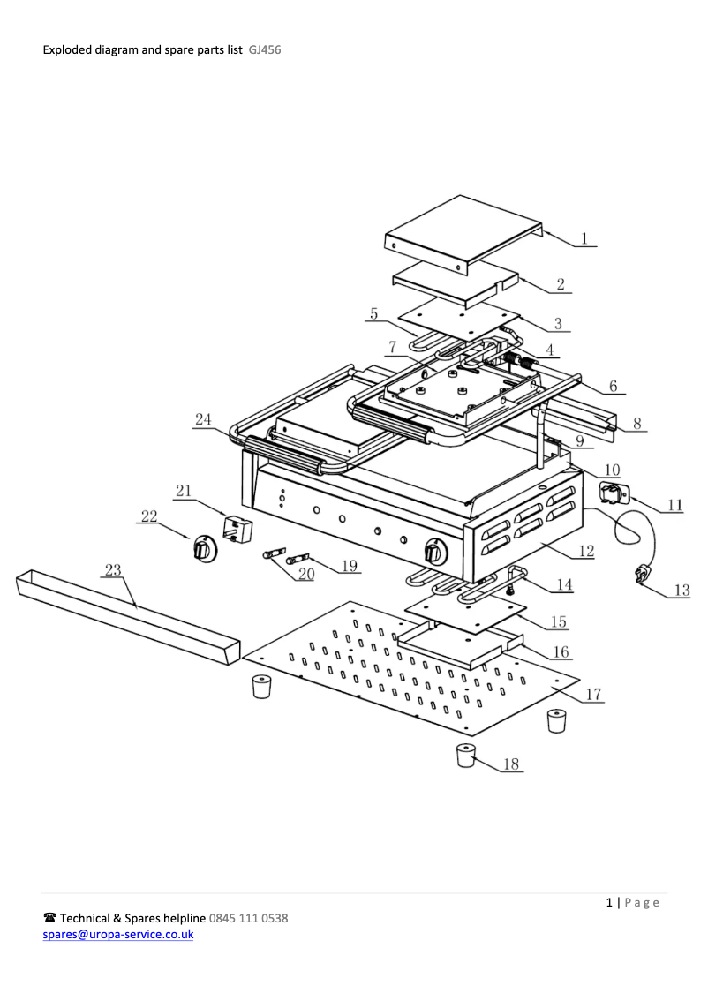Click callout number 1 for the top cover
[584, 237]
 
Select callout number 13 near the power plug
[682, 591]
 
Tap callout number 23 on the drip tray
[113, 570]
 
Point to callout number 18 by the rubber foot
[510, 764]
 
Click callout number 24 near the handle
[204, 419]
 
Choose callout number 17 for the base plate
[593, 695]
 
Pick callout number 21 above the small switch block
[183, 491]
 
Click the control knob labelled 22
[204, 549]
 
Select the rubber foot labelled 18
[466, 756]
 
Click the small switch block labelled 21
[236, 530]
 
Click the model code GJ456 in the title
[265, 50]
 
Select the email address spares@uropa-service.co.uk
[118, 934]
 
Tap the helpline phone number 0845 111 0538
[248, 918]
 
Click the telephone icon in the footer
[50, 918]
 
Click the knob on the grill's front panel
[433, 553]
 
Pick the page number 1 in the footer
[609, 902]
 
